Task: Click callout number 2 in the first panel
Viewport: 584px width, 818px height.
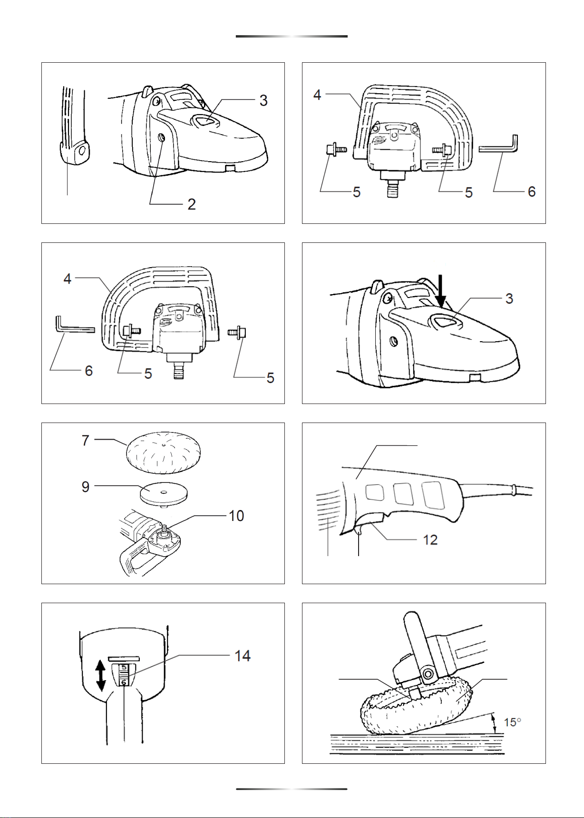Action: click(x=192, y=204)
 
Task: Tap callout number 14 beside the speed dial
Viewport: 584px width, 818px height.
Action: click(x=243, y=656)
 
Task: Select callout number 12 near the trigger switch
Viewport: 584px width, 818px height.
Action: click(x=430, y=540)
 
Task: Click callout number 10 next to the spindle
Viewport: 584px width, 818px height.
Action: click(x=236, y=516)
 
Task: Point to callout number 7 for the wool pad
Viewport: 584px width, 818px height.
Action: click(x=86, y=441)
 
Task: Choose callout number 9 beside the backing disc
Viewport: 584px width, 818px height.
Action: click(x=86, y=487)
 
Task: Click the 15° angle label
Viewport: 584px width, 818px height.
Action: click(x=513, y=722)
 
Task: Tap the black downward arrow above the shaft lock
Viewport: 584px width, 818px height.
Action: click(x=441, y=290)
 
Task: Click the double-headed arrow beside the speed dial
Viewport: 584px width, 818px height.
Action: click(x=100, y=676)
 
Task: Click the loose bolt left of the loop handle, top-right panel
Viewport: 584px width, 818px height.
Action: click(x=336, y=150)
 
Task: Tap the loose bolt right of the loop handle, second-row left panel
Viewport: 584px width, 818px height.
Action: click(x=237, y=333)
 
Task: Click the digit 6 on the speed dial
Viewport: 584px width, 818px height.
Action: click(x=124, y=683)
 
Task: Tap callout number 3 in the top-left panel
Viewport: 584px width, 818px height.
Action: click(x=263, y=101)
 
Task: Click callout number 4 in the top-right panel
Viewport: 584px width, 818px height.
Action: click(x=317, y=95)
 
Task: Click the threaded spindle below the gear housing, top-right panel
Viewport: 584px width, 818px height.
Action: click(x=392, y=186)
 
